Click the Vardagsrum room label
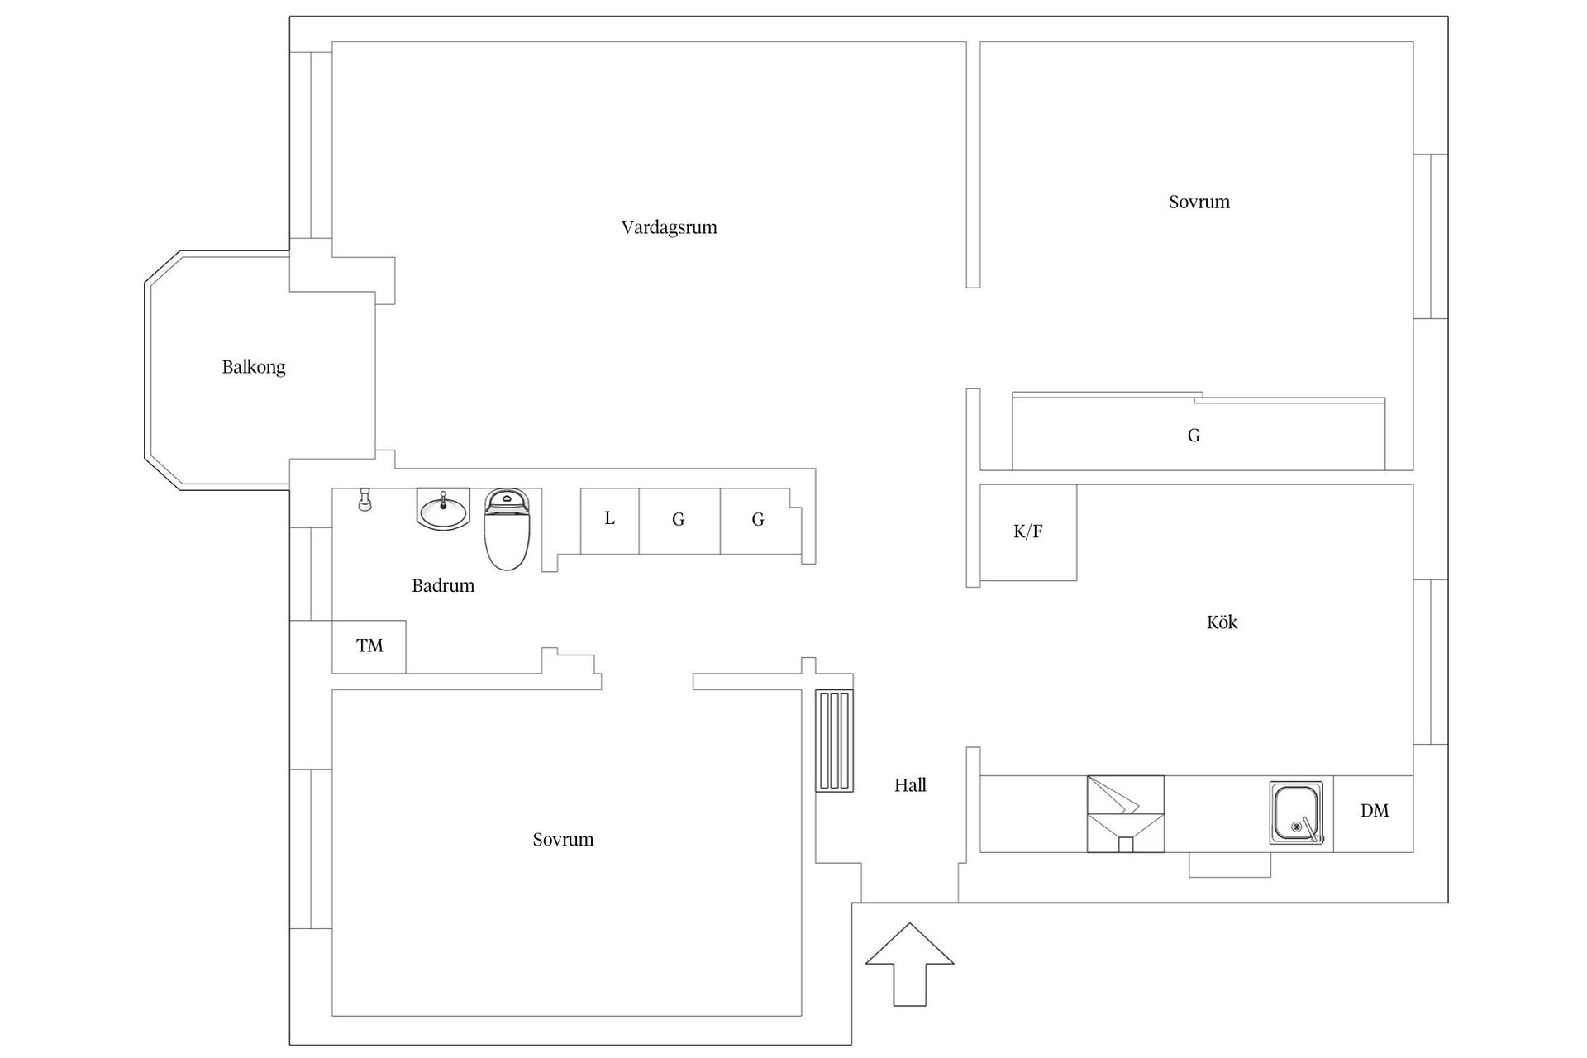(x=669, y=227)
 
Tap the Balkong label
(x=254, y=367)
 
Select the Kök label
(x=1222, y=622)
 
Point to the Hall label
(x=910, y=785)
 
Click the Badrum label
(x=443, y=586)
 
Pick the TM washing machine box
(x=369, y=646)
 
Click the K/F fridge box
(x=1028, y=532)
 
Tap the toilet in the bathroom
(x=506, y=529)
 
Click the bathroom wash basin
(x=442, y=509)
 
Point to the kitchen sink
(x=1296, y=813)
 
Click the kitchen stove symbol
(x=1125, y=813)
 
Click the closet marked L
(x=609, y=520)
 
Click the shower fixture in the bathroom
(x=364, y=499)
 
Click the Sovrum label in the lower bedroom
(x=563, y=840)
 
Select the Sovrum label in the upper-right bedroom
(x=1199, y=203)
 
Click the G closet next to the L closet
(x=679, y=520)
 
